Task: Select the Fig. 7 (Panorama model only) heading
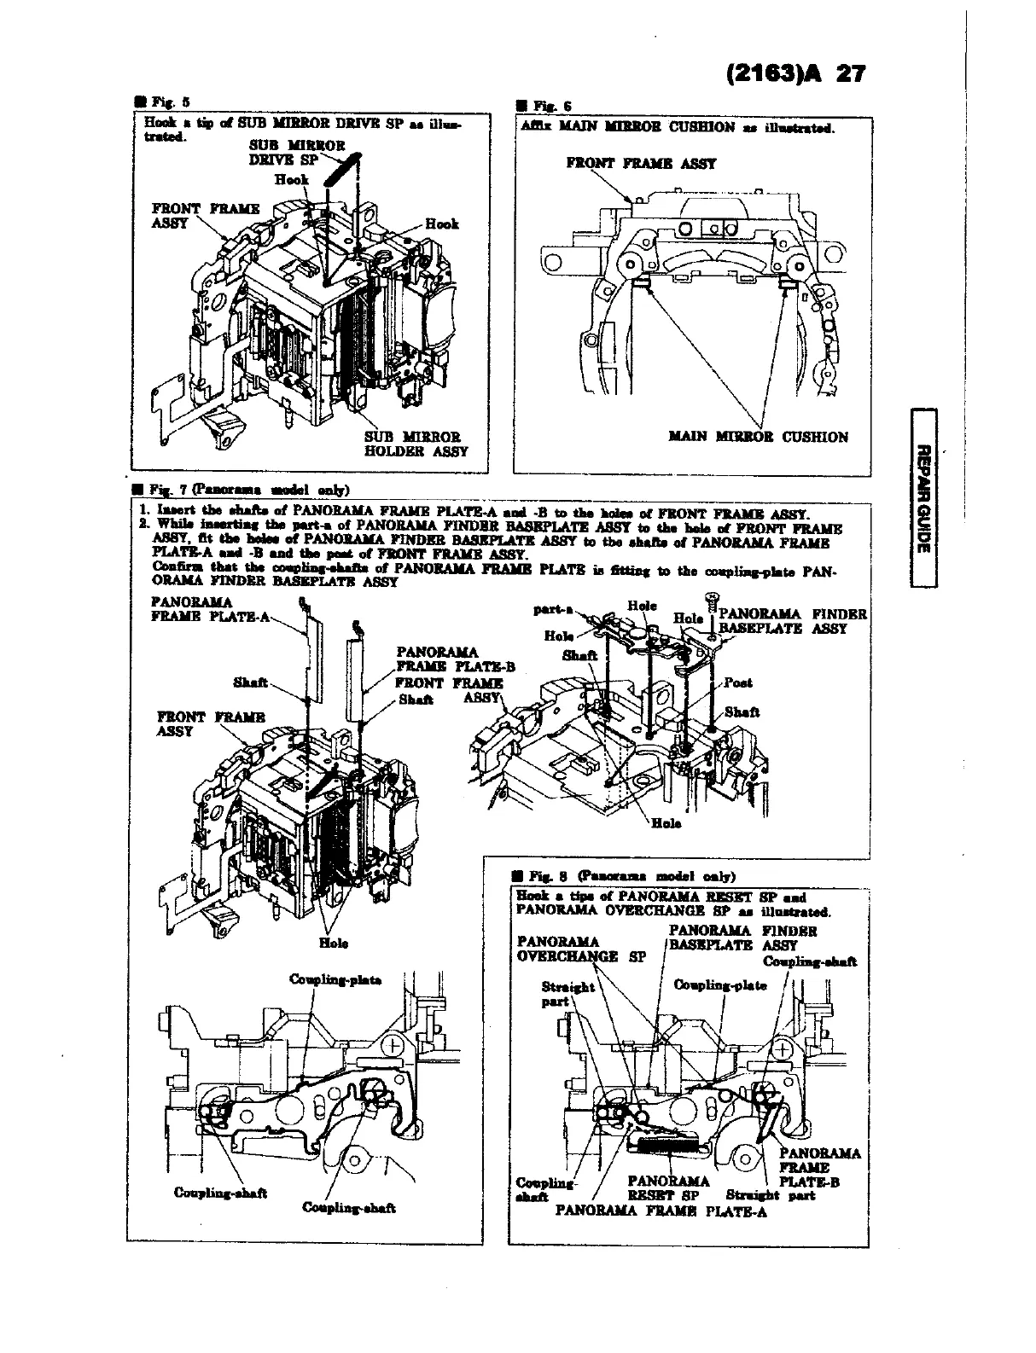tap(247, 489)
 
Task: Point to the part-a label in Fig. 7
tap(550, 610)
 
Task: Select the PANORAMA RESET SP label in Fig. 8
tap(667, 1188)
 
